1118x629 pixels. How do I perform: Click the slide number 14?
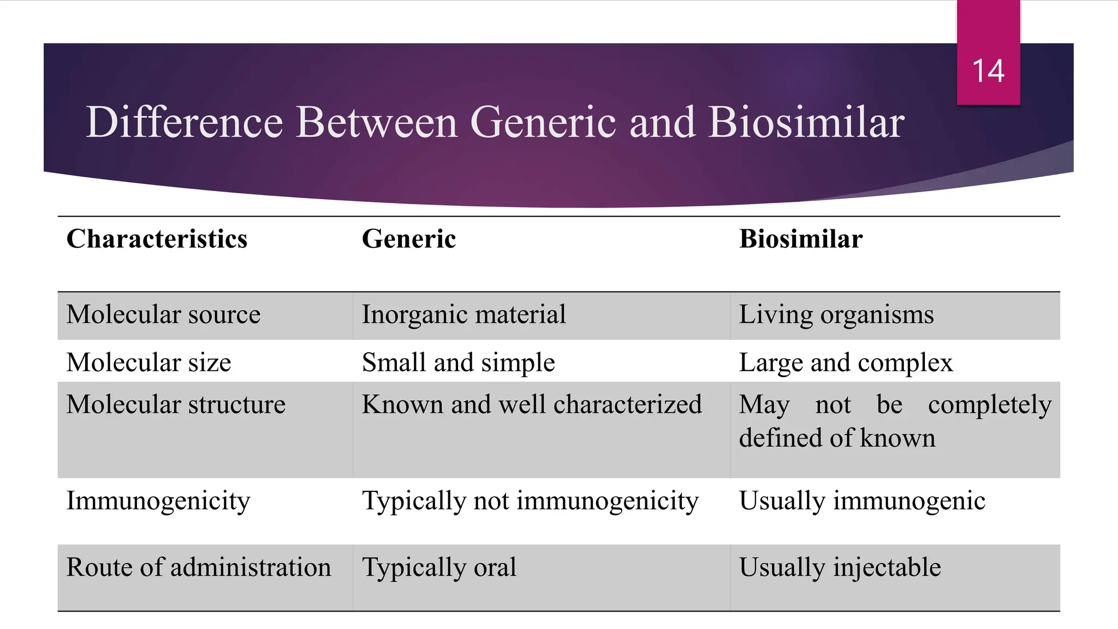click(988, 71)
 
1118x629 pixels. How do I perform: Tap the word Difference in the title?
click(185, 122)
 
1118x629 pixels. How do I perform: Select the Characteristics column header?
click(157, 239)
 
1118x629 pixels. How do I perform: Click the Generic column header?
click(408, 239)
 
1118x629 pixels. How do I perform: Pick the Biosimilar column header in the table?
click(800, 239)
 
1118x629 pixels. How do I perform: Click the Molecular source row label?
click(163, 315)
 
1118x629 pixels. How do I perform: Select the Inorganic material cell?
click(463, 315)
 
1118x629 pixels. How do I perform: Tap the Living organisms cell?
click(836, 315)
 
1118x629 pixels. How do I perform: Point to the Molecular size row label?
click(148, 363)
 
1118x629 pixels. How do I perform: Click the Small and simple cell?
click(458, 363)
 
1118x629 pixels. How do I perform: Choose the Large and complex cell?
click(846, 363)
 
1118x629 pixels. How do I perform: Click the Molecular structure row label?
click(176, 405)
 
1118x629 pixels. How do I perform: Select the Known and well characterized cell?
click(531, 405)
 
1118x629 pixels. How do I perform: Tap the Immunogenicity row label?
click(158, 501)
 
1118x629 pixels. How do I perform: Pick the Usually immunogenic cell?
click(861, 501)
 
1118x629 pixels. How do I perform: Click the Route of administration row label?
click(199, 567)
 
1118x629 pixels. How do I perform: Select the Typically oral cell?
click(439, 568)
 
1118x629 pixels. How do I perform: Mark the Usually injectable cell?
click(840, 568)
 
